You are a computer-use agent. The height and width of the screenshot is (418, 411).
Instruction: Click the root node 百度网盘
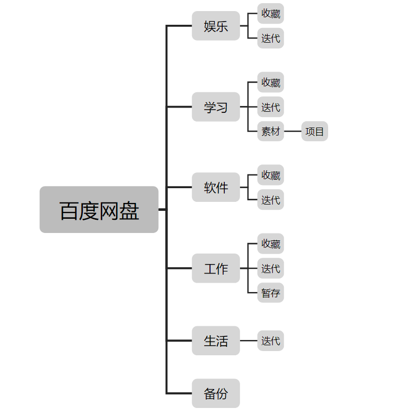point(99,210)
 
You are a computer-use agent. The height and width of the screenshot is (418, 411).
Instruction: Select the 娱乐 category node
point(216,26)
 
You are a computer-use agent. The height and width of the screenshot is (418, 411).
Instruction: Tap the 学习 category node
point(216,107)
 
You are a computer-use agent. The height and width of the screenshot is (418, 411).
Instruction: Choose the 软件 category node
point(216,187)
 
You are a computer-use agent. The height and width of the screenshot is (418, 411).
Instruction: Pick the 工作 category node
point(216,268)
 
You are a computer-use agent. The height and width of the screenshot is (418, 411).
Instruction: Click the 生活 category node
point(216,341)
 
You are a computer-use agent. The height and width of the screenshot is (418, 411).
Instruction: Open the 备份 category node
point(216,393)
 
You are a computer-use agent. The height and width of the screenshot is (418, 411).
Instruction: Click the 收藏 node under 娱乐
point(271,14)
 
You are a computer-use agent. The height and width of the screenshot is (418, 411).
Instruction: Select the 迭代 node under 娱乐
point(271,38)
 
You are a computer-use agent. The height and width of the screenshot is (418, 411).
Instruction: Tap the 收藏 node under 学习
point(271,82)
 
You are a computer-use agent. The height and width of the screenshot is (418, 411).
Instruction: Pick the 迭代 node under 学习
point(271,107)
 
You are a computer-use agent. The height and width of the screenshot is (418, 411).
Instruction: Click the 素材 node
point(271,131)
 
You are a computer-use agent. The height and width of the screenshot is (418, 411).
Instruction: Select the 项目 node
point(314,131)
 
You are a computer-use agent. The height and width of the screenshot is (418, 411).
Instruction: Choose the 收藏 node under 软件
point(271,175)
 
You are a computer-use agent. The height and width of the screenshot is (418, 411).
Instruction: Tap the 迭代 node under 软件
point(271,200)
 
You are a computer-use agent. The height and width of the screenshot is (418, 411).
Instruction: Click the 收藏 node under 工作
point(271,244)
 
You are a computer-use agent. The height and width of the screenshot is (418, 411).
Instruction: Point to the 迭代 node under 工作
point(271,268)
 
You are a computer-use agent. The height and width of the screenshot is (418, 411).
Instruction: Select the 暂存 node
point(271,293)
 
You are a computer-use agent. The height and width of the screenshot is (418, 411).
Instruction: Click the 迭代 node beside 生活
point(271,341)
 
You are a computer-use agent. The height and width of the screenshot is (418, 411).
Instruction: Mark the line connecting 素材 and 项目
point(293,131)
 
